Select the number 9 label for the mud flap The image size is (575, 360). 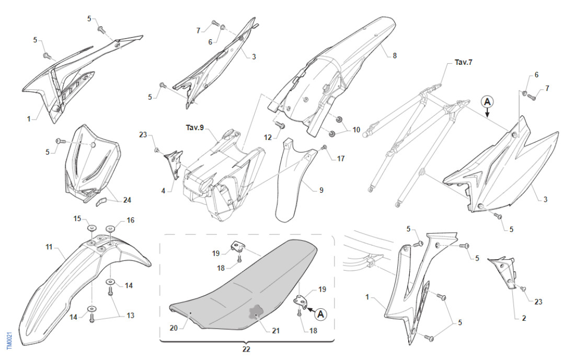(321, 191)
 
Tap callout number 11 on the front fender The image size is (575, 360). (49, 246)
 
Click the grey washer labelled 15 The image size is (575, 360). (91, 228)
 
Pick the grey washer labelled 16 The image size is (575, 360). (110, 228)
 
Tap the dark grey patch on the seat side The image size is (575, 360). (256, 311)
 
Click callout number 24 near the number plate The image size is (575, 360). (127, 200)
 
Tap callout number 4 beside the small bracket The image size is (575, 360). (163, 191)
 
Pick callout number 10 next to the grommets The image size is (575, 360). (356, 129)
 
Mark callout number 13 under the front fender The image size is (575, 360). (130, 315)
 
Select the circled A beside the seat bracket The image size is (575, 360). (320, 313)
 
